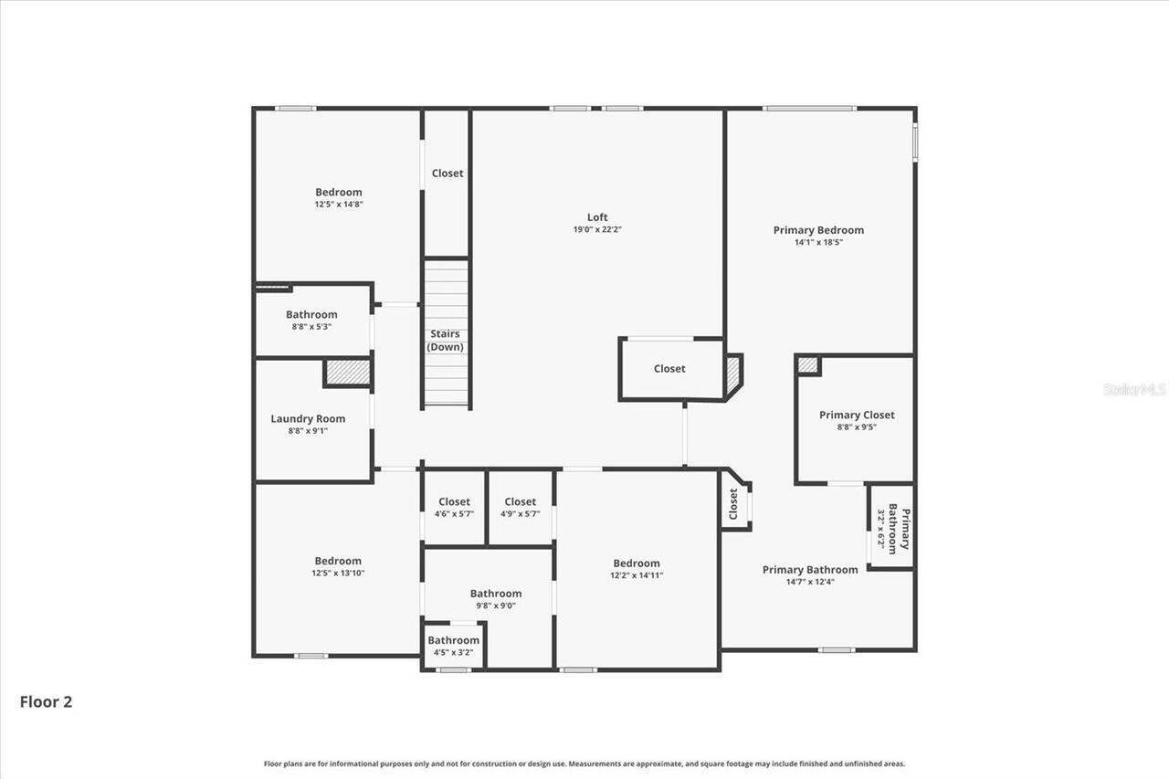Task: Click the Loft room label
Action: click(597, 217)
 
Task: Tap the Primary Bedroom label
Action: click(818, 230)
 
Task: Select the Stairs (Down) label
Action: click(446, 341)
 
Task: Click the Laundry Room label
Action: click(308, 419)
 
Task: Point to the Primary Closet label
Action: click(857, 415)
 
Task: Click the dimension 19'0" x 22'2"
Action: click(597, 230)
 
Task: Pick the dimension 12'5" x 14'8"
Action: click(339, 205)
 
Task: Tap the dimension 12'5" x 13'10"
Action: click(338, 574)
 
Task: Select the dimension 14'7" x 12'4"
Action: click(810, 582)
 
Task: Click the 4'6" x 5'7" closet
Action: click(454, 507)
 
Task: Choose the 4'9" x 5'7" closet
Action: click(521, 507)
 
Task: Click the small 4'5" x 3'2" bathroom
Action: click(454, 646)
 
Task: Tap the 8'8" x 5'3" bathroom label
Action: click(311, 315)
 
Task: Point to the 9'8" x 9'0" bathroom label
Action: click(496, 594)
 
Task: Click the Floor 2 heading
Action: click(46, 702)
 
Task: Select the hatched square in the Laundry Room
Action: click(348, 373)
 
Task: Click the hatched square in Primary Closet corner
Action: click(807, 365)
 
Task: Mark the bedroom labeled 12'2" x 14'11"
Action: click(637, 569)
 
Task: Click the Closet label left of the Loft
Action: click(448, 174)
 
